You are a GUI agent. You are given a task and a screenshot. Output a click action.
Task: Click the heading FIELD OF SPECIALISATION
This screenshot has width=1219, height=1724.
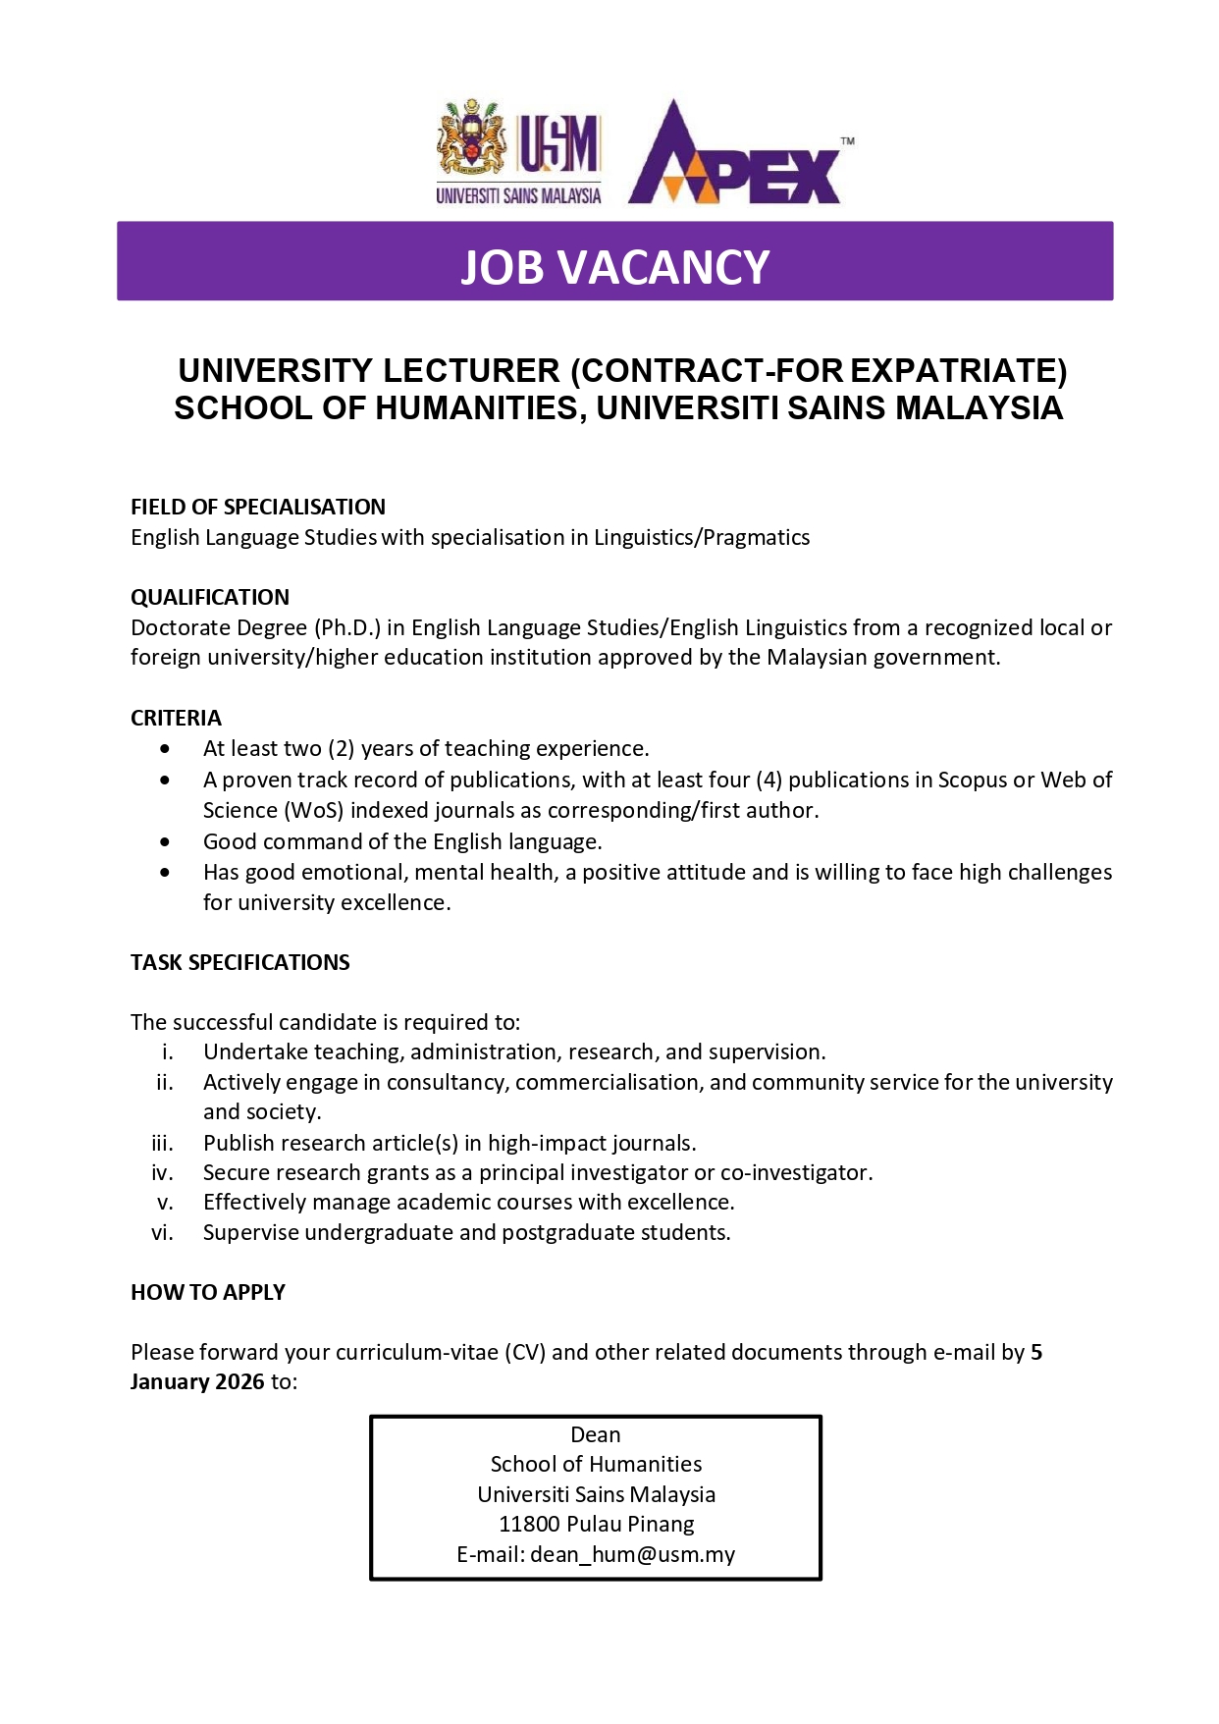pyautogui.click(x=258, y=507)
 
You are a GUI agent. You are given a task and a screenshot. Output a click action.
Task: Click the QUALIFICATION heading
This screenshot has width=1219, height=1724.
pyautogui.click(x=210, y=597)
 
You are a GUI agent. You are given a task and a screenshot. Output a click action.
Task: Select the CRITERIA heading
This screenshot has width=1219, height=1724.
pyautogui.click(x=177, y=718)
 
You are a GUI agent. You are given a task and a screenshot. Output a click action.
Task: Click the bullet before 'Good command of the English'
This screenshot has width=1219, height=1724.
pyautogui.click(x=165, y=842)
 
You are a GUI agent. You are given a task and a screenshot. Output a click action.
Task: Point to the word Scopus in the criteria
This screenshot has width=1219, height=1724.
pyautogui.click(x=972, y=780)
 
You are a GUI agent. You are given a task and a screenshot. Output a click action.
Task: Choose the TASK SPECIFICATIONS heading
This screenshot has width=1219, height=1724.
pyautogui.click(x=240, y=962)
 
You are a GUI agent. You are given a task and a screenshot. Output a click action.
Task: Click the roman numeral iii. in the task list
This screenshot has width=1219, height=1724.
pyautogui.click(x=162, y=1143)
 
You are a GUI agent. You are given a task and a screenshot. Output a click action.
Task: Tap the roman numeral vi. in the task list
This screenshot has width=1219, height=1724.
pyautogui.click(x=162, y=1232)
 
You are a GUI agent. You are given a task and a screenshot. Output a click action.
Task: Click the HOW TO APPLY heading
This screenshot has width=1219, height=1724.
pyautogui.click(x=208, y=1292)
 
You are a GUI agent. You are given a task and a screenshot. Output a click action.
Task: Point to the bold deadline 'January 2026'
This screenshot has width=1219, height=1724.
pyautogui.click(x=197, y=1381)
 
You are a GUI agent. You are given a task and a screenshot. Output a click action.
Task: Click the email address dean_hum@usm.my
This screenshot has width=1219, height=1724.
pyautogui.click(x=632, y=1554)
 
